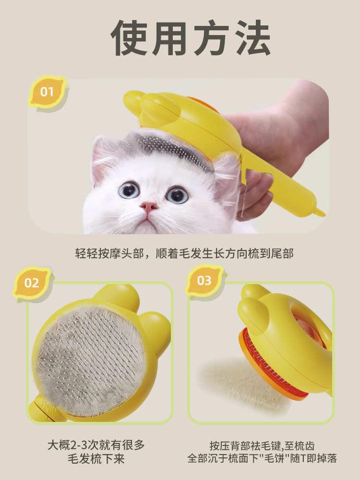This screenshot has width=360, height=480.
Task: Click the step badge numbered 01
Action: [47, 91]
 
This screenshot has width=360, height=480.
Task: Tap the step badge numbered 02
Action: [32, 282]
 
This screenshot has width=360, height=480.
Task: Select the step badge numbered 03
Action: [204, 280]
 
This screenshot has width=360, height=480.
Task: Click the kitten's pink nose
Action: [149, 207]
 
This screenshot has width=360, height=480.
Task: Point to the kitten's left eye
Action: [129, 190]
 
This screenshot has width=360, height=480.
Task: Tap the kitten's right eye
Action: [177, 194]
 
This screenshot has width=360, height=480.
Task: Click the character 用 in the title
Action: [170, 38]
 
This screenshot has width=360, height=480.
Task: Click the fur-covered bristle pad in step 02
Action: [91, 358]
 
